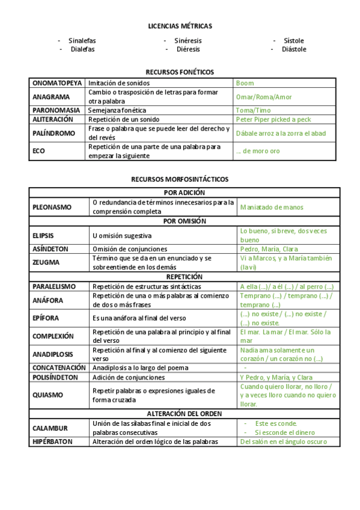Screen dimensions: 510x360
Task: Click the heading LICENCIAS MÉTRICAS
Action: point(180,26)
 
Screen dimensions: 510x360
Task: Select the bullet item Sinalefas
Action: point(82,41)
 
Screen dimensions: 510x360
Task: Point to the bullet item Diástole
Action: point(294,49)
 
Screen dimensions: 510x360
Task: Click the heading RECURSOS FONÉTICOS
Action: point(180,72)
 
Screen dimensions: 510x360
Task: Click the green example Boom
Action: point(245,83)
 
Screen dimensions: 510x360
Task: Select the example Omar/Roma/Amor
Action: point(263,97)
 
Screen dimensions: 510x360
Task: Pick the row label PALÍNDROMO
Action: point(53,133)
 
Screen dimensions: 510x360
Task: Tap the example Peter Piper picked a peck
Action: point(273,120)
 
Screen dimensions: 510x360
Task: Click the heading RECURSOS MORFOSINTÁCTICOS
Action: point(180,179)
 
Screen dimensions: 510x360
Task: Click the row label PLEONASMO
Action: point(52,207)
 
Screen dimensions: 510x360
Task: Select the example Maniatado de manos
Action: point(272,207)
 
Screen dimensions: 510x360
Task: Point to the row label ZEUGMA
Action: point(45,262)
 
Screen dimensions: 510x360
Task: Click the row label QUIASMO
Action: point(47,395)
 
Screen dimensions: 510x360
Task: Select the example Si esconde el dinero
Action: point(284,432)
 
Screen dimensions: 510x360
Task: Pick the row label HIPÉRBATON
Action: point(52,441)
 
